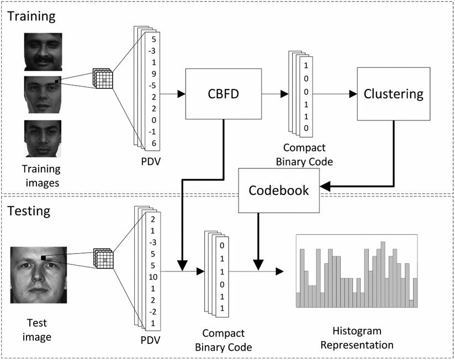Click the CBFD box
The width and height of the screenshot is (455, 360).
pyautogui.click(x=223, y=94)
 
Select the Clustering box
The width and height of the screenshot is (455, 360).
pyautogui.click(x=393, y=94)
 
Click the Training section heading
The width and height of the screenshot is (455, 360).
pyautogui.click(x=32, y=16)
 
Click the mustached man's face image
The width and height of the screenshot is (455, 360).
pyautogui.click(x=43, y=51)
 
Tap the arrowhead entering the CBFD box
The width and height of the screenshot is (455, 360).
pyautogui.click(x=181, y=94)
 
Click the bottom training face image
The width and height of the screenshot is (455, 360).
pyautogui.click(x=43, y=138)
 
